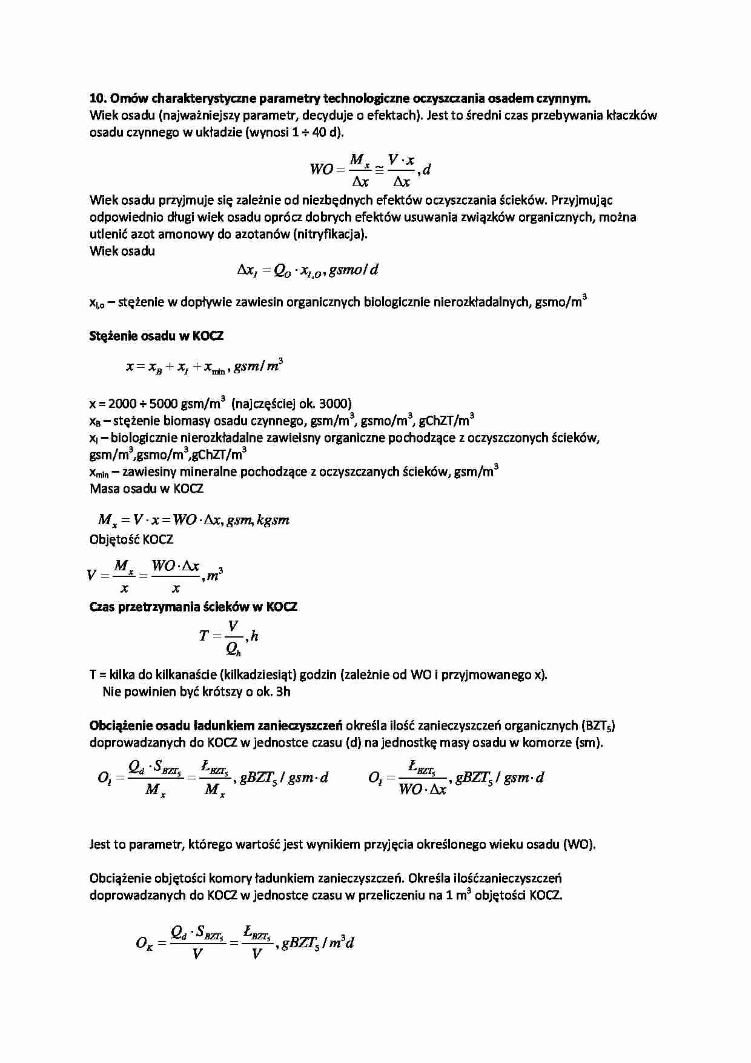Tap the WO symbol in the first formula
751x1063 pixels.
point(321,170)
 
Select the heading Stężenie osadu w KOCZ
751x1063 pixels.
point(156,335)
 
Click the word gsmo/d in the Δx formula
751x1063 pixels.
point(354,270)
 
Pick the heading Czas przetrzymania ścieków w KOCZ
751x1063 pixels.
point(193,607)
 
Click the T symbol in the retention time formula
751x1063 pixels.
point(203,636)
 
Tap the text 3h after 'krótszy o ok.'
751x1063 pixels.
point(283,691)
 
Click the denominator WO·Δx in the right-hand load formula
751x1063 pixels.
point(422,790)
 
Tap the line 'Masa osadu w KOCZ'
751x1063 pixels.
point(147,488)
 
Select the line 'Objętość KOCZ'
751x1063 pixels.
point(131,539)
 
